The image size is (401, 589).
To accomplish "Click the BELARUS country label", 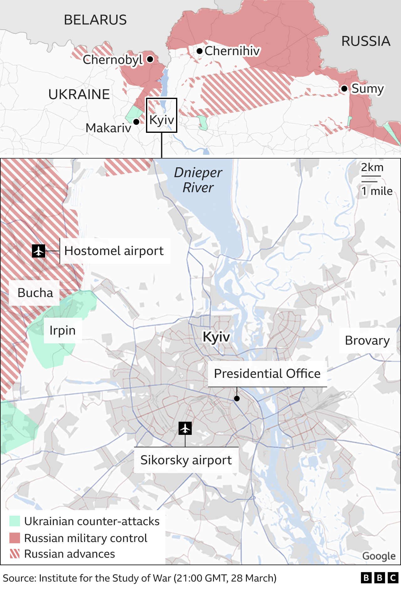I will pos(95,20).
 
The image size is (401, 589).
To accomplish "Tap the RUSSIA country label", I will pos(366,41).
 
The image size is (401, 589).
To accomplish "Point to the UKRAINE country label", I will pos(79,94).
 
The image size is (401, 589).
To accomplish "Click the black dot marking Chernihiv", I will pos(200,51).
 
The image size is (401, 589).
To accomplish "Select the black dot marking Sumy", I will pos(344,89).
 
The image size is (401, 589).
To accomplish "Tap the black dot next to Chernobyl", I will pos(150,59).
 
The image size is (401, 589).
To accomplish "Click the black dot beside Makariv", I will pos(136,122).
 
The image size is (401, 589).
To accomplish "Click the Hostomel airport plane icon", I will pos(39,251).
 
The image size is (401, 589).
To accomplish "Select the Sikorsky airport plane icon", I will pos(185,428).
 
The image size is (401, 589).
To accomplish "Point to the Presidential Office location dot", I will pos(237,399).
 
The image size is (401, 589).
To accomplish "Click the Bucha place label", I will pos(35,293).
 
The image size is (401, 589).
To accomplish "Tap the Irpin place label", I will pos(63,331).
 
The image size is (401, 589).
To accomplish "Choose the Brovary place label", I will pos(367,341).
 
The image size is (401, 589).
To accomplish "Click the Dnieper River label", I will pos(198,180).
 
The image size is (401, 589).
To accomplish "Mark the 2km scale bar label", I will pos(372,167).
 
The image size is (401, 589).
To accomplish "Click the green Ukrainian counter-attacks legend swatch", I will pos(15,521).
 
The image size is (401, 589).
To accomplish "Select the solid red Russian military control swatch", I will pos(15,538).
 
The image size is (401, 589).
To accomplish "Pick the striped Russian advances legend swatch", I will pos(15,554).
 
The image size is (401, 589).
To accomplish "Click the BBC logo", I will pos(379,578).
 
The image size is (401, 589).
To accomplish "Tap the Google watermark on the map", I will pos(379,556).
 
